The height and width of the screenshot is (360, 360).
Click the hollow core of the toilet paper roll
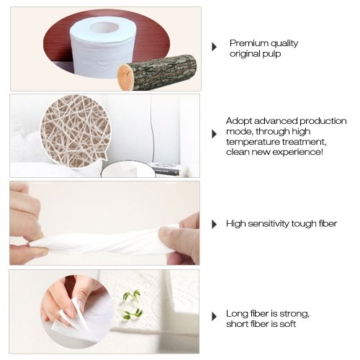pos(104,28)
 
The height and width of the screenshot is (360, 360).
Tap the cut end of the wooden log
pos(125,76)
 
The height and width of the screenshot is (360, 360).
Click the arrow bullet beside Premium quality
pos(215,47)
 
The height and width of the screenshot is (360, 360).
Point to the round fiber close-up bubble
pos(75,131)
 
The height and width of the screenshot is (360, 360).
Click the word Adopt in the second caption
pos(239,122)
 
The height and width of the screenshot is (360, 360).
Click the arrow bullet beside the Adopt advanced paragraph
pos(215,134)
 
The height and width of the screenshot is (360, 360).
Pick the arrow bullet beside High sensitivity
pos(215,224)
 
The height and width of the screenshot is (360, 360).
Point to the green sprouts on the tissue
pos(132,305)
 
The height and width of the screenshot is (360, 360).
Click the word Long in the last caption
pos(237,314)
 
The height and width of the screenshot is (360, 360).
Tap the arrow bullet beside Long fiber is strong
pos(215,317)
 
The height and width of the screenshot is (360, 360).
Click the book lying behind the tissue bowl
pos(166,170)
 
